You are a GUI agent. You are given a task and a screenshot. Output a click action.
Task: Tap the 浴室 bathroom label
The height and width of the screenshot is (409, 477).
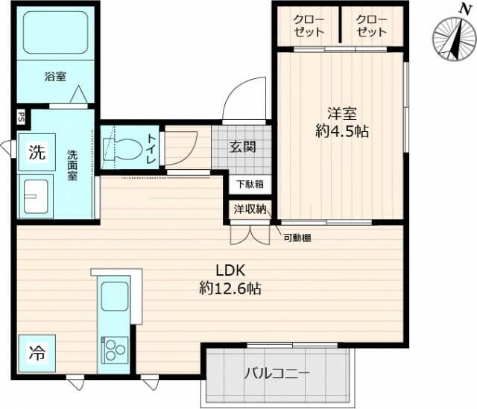tap(54, 75)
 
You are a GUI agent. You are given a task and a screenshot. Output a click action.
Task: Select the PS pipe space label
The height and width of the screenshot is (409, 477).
tap(20, 116)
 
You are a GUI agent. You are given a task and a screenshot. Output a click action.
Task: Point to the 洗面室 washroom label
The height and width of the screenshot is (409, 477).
tap(73, 165)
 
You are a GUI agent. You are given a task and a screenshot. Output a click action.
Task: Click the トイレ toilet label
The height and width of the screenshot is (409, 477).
tap(151, 145)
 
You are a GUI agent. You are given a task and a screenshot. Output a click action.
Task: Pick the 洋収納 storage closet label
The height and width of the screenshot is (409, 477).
tap(249, 210)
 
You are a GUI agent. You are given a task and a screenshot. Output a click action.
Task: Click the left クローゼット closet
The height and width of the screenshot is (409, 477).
tap(308, 25)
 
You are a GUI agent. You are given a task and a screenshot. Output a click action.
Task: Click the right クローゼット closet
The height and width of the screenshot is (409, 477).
tap(370, 25)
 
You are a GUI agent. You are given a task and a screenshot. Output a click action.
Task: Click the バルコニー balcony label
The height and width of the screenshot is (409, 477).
tap(277, 373)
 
